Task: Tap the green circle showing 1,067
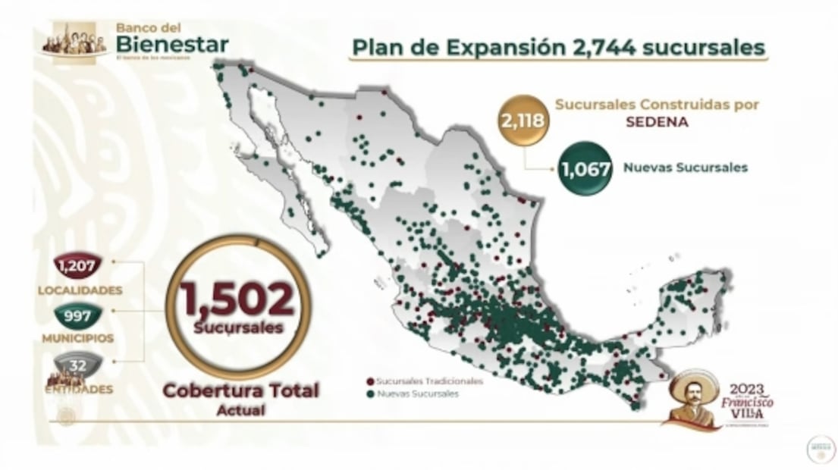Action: pos(585,168)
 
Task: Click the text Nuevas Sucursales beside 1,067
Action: pos(685,168)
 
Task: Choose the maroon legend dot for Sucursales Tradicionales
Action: pos(369,381)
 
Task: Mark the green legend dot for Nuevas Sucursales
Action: pos(369,394)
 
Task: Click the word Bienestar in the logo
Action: pos(171,44)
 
